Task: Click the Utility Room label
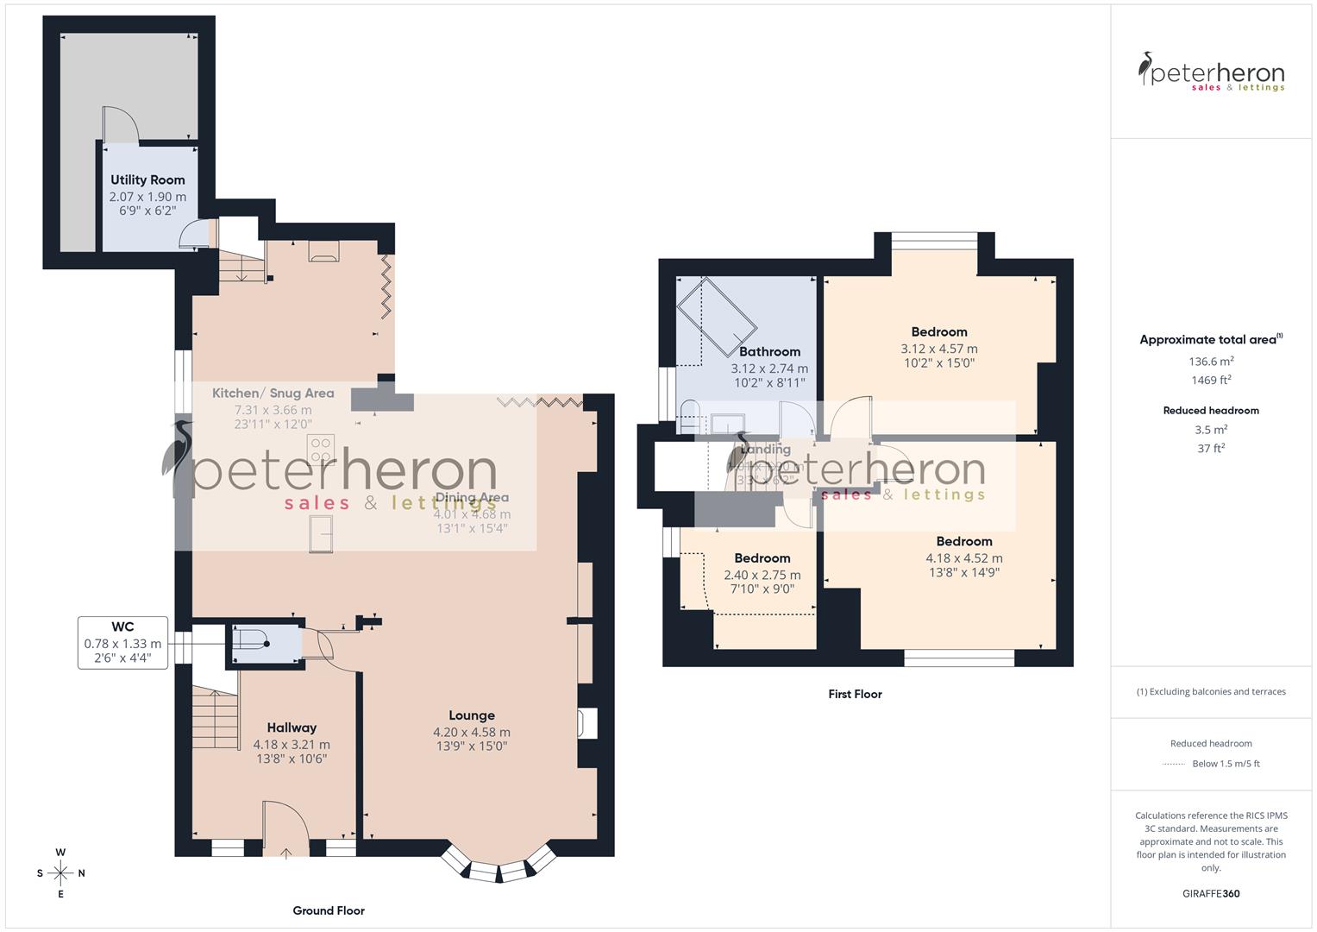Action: click(147, 179)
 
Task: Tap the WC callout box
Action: click(122, 642)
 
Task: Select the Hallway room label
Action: click(292, 727)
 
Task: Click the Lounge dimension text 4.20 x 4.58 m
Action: click(472, 732)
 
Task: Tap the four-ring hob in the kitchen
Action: click(321, 449)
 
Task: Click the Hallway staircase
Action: click(215, 719)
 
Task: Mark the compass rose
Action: click(60, 872)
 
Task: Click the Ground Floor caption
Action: click(329, 910)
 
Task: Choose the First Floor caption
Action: click(855, 694)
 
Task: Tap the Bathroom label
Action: click(769, 351)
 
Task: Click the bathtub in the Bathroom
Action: click(717, 317)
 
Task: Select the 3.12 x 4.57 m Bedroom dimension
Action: click(939, 349)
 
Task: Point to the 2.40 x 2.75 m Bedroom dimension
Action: click(762, 575)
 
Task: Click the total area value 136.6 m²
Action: click(1211, 362)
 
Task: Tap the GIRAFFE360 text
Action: click(1211, 893)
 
